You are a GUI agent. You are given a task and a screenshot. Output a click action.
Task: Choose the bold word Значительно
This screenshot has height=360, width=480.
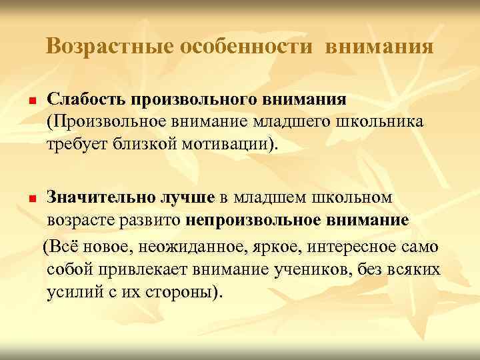(100, 197)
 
